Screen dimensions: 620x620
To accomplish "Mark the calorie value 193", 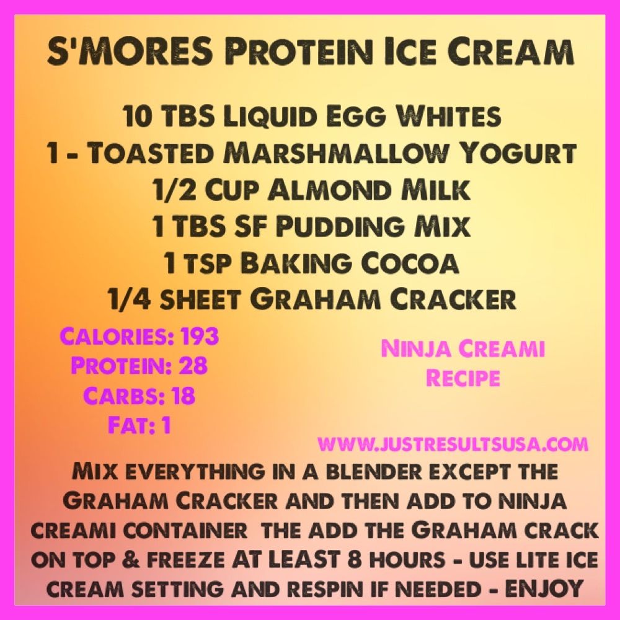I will point(198,336).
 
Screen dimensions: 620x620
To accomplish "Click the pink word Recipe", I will point(463,378).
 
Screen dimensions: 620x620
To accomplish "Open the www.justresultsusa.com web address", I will point(453,444).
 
